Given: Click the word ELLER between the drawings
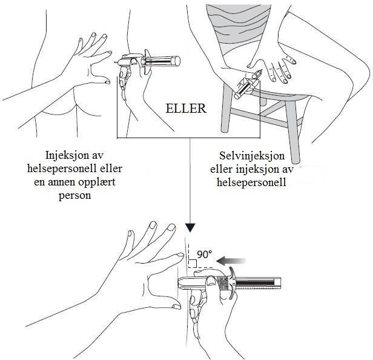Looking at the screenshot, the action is pos(186,108).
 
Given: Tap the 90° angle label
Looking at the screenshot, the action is pos(204,255).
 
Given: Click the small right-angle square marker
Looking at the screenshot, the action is pos(193,264).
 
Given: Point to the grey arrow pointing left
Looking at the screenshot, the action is pos(231,261).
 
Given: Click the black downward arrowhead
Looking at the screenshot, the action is pos(190,228).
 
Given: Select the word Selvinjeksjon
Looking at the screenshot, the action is pos(252,156).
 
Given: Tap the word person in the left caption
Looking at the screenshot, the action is pos(74,196).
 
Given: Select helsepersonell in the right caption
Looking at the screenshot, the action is pos(251,182).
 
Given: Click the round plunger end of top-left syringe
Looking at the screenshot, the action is pos(177,61).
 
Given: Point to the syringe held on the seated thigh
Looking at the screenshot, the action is pos(248,84).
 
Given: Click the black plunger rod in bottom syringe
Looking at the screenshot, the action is pos(255,283).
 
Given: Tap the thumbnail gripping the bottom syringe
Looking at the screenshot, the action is pos(211,281).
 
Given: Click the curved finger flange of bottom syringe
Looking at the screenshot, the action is pos(231,283).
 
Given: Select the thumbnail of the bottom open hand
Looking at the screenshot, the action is pos(177,307).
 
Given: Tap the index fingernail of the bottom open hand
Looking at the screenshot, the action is pos(180,255).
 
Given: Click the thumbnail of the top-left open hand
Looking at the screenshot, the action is pos(107,82).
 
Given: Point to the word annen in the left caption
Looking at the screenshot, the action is pos(61,182).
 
